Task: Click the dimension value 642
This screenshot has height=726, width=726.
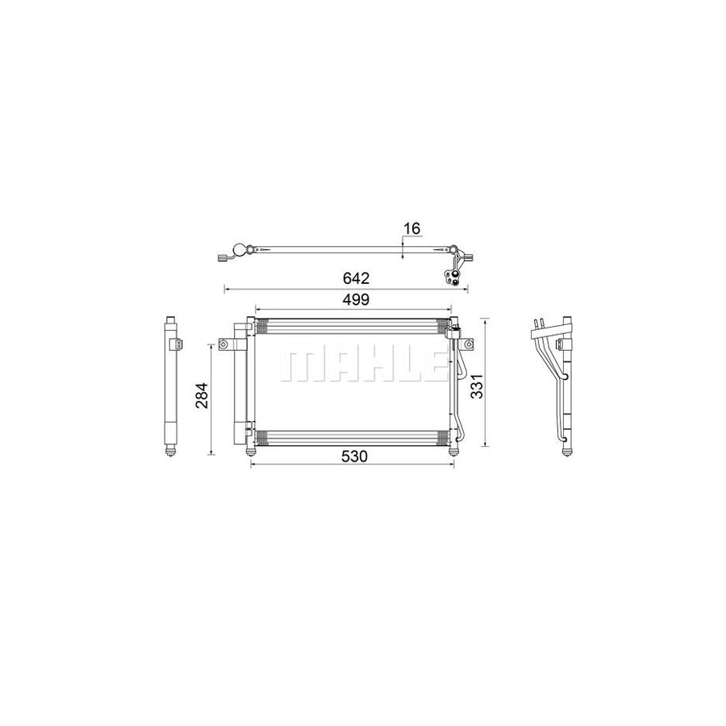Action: coord(355,278)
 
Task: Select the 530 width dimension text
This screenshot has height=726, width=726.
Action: coord(354,457)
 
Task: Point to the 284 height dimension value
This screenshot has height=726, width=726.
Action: coord(202,394)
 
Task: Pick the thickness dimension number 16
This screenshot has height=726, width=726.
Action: coord(411,229)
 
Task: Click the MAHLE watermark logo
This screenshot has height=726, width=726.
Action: coord(361,365)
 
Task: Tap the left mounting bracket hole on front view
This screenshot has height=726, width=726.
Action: coord(221,345)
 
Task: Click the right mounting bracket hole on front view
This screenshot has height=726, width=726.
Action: coord(466,345)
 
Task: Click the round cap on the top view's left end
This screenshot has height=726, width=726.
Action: coord(238,250)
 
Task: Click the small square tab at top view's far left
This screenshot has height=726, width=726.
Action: coord(221,259)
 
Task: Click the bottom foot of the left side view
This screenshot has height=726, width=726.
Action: coord(170,453)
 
